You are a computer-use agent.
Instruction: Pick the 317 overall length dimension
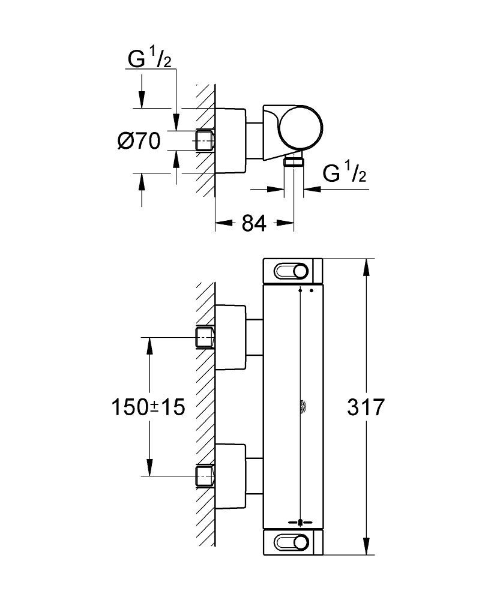click(x=365, y=407)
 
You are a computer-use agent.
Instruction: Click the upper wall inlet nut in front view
click(x=205, y=338)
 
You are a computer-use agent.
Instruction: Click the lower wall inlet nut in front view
click(x=205, y=475)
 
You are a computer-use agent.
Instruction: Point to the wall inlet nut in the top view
click(x=205, y=140)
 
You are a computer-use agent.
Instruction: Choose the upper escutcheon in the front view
click(x=230, y=338)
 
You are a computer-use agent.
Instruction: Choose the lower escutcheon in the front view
click(x=230, y=475)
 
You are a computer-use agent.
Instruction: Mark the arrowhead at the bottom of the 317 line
click(x=366, y=548)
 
